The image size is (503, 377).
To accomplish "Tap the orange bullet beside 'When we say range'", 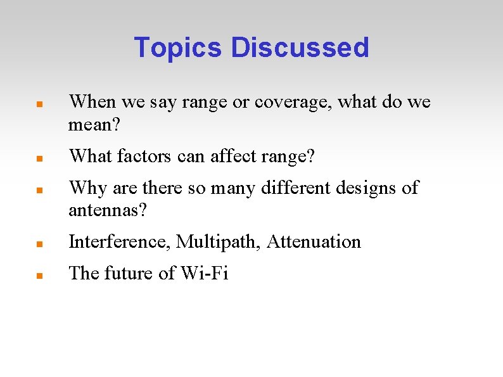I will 39,103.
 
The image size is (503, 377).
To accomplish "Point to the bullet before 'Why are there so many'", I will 39,189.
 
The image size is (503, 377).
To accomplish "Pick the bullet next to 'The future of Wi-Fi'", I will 39,275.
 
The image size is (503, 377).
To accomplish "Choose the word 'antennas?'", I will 108,210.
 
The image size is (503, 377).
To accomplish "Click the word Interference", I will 120,242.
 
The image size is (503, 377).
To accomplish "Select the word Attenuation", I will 314,242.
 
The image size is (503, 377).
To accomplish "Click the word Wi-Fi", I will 204,274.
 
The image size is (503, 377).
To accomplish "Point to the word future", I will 129,274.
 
